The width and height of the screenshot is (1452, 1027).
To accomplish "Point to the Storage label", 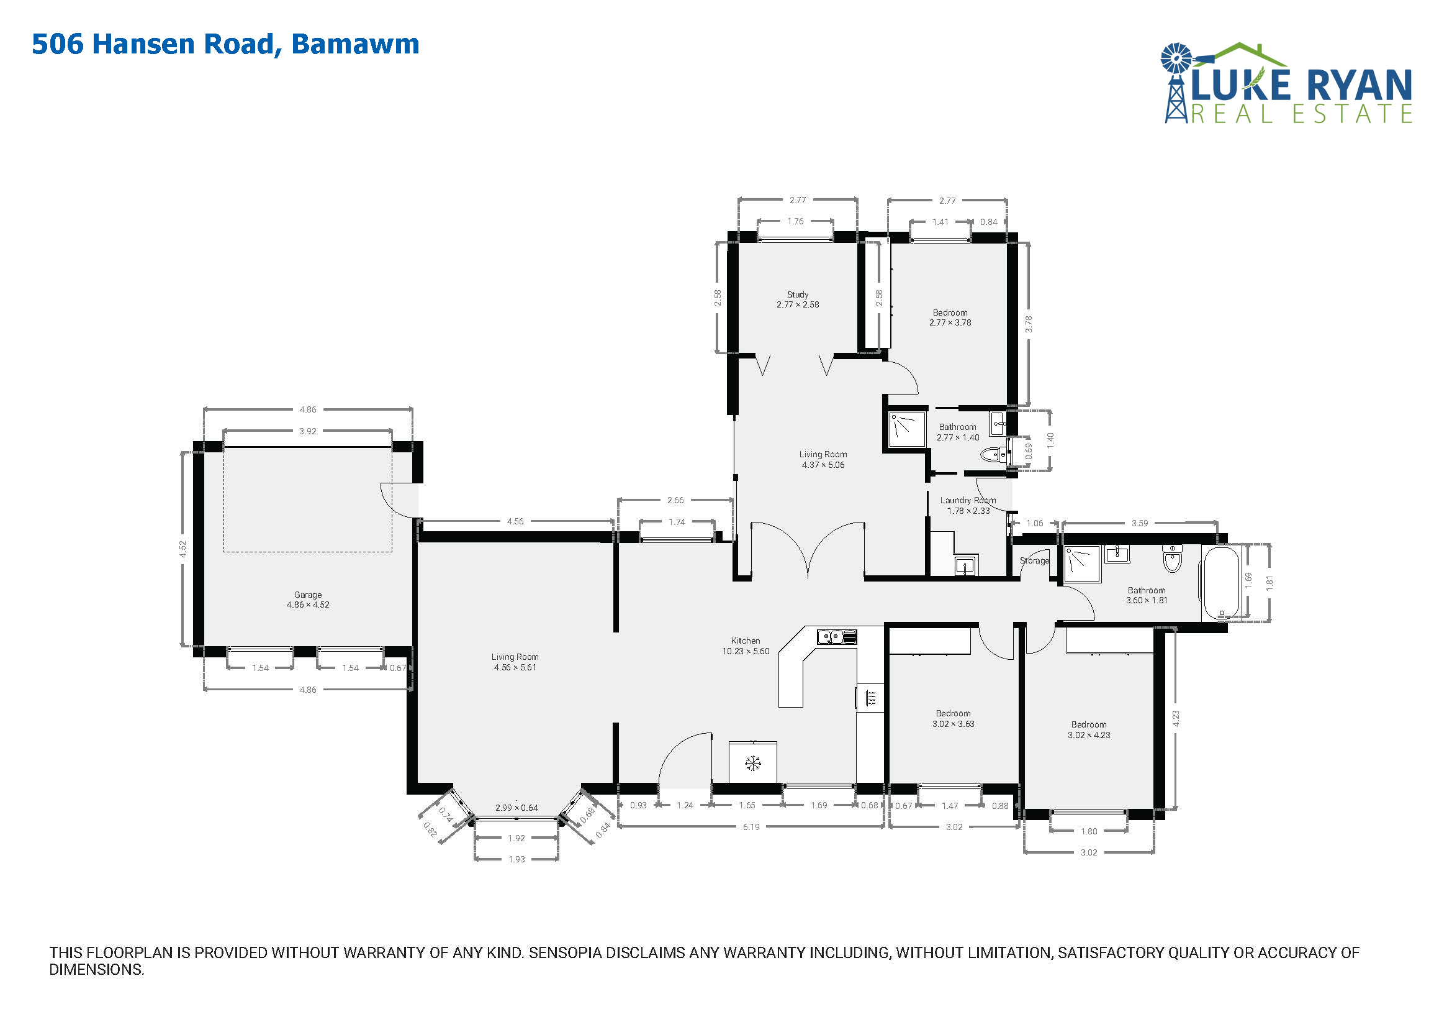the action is coord(1034,560).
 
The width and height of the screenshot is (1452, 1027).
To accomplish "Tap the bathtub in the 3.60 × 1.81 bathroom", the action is coord(1221,583).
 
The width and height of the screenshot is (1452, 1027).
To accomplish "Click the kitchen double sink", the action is coord(837,637).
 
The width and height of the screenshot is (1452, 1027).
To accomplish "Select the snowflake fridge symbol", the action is coord(752,764).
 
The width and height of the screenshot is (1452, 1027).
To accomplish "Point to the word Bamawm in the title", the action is coord(356,43).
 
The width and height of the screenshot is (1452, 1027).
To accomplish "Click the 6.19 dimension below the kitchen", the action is coord(751,827).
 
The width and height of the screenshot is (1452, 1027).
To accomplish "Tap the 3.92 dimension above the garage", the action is coord(307,432).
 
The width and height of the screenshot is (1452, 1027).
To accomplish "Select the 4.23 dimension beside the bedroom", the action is coord(1175,718).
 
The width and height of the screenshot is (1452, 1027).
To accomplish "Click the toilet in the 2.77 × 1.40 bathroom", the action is coord(993,454).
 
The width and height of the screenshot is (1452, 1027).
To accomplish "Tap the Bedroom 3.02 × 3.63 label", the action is coord(953,718).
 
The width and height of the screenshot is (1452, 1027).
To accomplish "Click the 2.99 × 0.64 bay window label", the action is coord(516,808).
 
